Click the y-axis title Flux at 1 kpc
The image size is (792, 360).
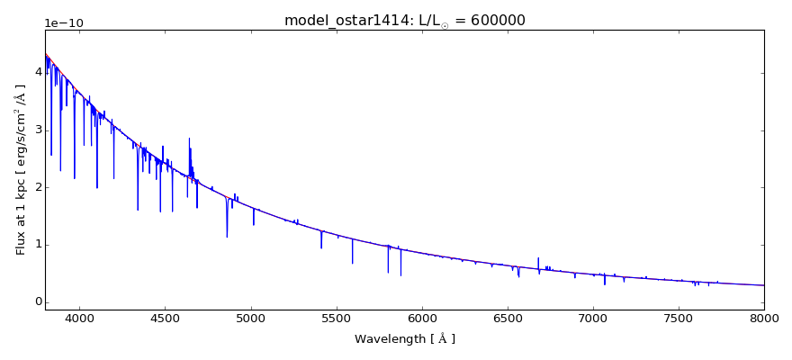21,169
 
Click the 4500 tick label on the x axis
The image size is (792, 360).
165,318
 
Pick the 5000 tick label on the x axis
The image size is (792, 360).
250,318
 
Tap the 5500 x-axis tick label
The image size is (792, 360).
336,318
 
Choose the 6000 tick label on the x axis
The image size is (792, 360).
421,318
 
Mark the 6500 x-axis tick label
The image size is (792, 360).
507,318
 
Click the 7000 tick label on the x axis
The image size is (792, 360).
592,318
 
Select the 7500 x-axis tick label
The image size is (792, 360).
678,318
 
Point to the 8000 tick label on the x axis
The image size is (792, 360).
763,318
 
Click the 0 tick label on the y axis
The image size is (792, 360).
38,301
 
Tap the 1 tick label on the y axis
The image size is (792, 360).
38,244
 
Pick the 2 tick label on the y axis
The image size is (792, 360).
38,187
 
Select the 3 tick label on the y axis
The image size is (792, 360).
38,130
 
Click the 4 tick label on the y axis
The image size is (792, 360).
38,72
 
